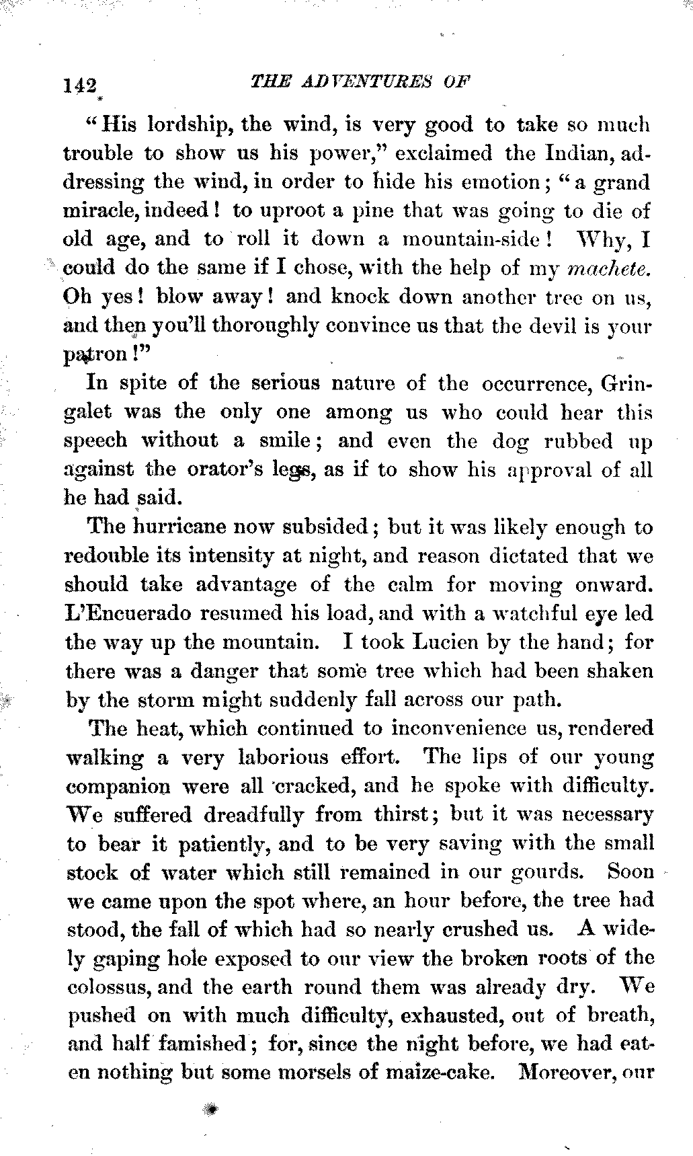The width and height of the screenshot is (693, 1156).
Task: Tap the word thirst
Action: tap(401, 815)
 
